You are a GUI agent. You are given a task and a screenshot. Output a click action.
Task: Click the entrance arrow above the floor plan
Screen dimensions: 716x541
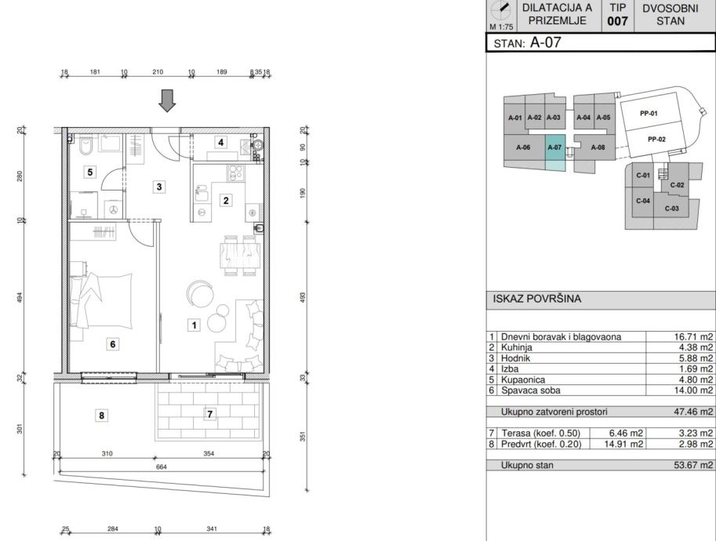coord(167,100)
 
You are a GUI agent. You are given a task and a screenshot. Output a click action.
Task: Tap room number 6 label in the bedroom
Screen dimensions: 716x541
coord(113,344)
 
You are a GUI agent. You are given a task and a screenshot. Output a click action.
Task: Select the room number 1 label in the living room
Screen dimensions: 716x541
coord(194,325)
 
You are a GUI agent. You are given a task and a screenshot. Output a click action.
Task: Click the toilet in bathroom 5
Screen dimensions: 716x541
coord(85,145)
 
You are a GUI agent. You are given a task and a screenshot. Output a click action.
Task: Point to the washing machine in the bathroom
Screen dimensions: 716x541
coord(113,209)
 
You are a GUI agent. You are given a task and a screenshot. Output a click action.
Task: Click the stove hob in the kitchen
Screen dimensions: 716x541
coord(235,173)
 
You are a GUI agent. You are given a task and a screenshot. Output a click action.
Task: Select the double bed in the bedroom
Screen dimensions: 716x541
coord(101,300)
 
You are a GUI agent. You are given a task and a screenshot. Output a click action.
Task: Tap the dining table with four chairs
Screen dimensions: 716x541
coord(240,256)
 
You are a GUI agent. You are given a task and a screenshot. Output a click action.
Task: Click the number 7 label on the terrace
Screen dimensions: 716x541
coord(209,414)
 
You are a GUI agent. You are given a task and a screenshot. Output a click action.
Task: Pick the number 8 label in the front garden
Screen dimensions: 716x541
coord(101,416)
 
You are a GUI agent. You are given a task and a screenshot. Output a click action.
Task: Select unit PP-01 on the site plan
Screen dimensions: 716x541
coord(649,113)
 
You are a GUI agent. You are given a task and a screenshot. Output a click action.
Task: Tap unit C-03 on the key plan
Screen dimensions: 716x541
coord(671,209)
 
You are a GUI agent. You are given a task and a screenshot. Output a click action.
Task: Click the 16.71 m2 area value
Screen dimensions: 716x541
coord(693,337)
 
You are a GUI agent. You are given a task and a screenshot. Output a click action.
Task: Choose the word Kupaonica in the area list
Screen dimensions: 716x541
coord(523,379)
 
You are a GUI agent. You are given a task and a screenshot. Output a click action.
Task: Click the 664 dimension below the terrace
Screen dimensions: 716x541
coord(162,467)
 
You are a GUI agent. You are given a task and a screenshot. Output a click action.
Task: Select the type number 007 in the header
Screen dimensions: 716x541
coord(617,21)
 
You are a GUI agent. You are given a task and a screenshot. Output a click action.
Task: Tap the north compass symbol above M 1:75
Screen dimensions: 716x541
coord(501,10)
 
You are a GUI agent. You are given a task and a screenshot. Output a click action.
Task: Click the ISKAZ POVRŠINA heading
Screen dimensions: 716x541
coord(537,299)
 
